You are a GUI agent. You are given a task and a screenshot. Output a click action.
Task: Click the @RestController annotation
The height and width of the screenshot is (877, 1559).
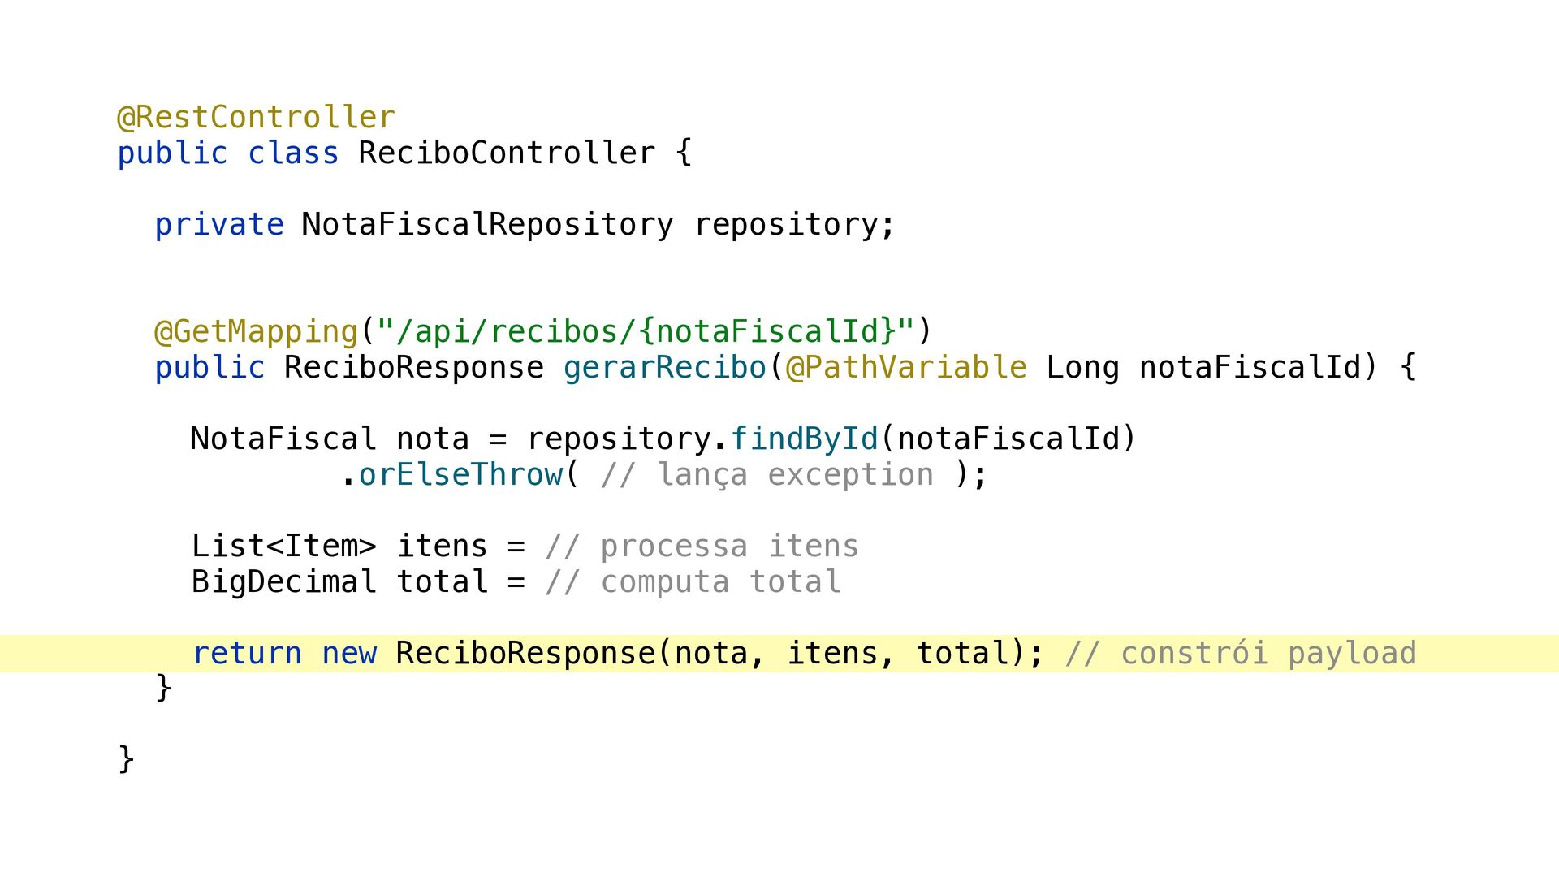[x=257, y=118]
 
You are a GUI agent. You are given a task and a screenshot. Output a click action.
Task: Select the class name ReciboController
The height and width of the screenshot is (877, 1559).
[x=507, y=153]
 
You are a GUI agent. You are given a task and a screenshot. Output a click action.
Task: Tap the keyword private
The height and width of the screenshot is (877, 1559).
[x=219, y=225]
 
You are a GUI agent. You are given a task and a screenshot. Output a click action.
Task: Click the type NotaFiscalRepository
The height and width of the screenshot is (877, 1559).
[x=487, y=225]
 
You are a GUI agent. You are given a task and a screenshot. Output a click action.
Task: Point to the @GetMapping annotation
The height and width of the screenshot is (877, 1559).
[x=257, y=332]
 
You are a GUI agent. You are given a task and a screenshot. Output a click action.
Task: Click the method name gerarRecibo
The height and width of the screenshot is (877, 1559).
[x=665, y=368]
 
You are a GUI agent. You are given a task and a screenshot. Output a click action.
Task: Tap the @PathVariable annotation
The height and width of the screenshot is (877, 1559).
[x=906, y=368]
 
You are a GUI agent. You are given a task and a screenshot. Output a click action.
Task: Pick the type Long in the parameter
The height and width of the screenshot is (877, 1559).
[x=1083, y=368]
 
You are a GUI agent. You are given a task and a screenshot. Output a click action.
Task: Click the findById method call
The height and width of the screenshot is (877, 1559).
[x=805, y=439]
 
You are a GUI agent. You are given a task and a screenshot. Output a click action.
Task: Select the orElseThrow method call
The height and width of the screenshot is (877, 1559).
[x=460, y=475]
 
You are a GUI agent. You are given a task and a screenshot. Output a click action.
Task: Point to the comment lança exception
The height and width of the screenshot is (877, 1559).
[x=767, y=475]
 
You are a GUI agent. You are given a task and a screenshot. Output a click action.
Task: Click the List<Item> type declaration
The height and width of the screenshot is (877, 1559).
[x=284, y=547]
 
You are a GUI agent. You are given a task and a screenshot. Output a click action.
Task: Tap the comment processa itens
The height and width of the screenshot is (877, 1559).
[x=702, y=547]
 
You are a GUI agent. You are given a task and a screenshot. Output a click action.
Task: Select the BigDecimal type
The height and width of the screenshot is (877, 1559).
[x=284, y=582]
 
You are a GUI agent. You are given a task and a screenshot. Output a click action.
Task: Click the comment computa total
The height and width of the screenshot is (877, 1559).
[x=693, y=582]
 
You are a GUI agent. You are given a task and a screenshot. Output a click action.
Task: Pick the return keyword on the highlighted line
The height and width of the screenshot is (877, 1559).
[x=247, y=654]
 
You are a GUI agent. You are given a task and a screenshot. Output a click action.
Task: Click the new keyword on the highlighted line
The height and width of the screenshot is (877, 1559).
[x=349, y=654]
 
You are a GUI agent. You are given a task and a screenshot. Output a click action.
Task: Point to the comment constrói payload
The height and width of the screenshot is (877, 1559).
[x=1241, y=654]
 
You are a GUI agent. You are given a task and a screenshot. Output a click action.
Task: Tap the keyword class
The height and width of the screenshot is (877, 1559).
[x=293, y=153]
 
